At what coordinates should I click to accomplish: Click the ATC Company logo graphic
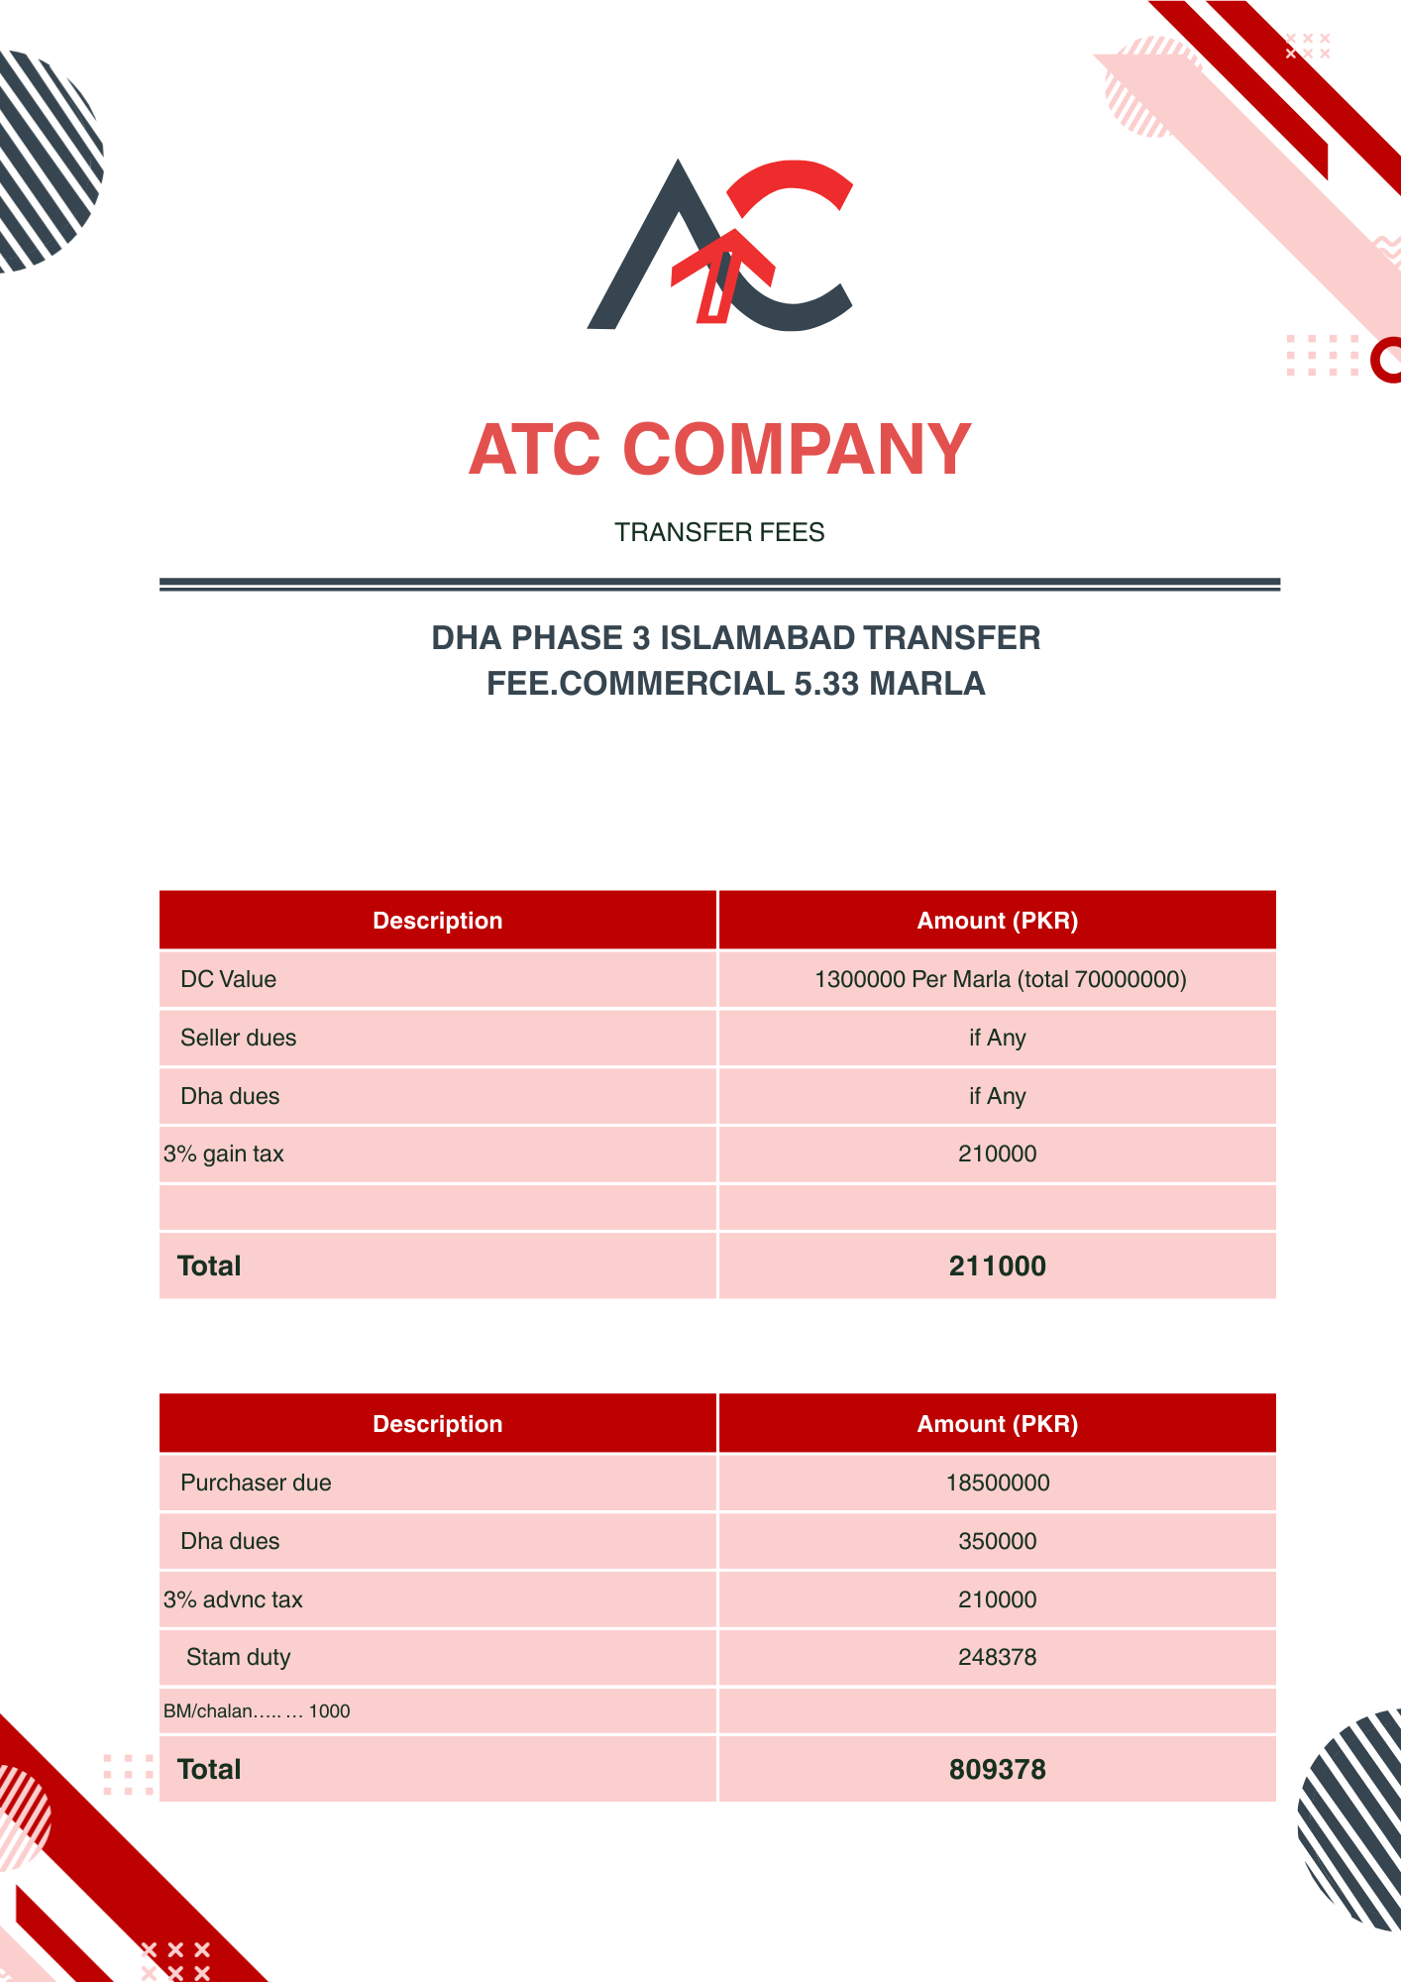click(x=720, y=246)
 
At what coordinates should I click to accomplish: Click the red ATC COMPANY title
click(x=720, y=450)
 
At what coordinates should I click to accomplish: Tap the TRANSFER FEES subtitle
click(x=719, y=532)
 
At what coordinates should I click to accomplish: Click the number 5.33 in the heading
click(x=827, y=684)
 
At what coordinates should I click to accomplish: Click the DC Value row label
click(x=228, y=979)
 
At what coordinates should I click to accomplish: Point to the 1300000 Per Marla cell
click(x=1000, y=979)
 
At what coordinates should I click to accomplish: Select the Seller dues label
click(x=238, y=1038)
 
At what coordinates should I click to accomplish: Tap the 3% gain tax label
click(x=224, y=1154)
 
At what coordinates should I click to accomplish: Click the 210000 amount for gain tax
click(x=997, y=1154)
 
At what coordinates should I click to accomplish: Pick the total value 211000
click(x=997, y=1266)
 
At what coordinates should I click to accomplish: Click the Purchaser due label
click(x=256, y=1483)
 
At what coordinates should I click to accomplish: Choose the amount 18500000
click(x=997, y=1483)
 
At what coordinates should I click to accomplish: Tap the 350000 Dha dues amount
click(x=997, y=1541)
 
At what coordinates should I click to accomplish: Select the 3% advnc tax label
click(x=233, y=1599)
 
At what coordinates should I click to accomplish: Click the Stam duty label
click(x=238, y=1657)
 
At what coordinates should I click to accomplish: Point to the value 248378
click(x=997, y=1657)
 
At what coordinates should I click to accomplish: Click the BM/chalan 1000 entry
click(x=257, y=1711)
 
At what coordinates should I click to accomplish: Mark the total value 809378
click(x=997, y=1769)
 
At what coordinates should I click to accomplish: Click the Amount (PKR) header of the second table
click(x=997, y=1424)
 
